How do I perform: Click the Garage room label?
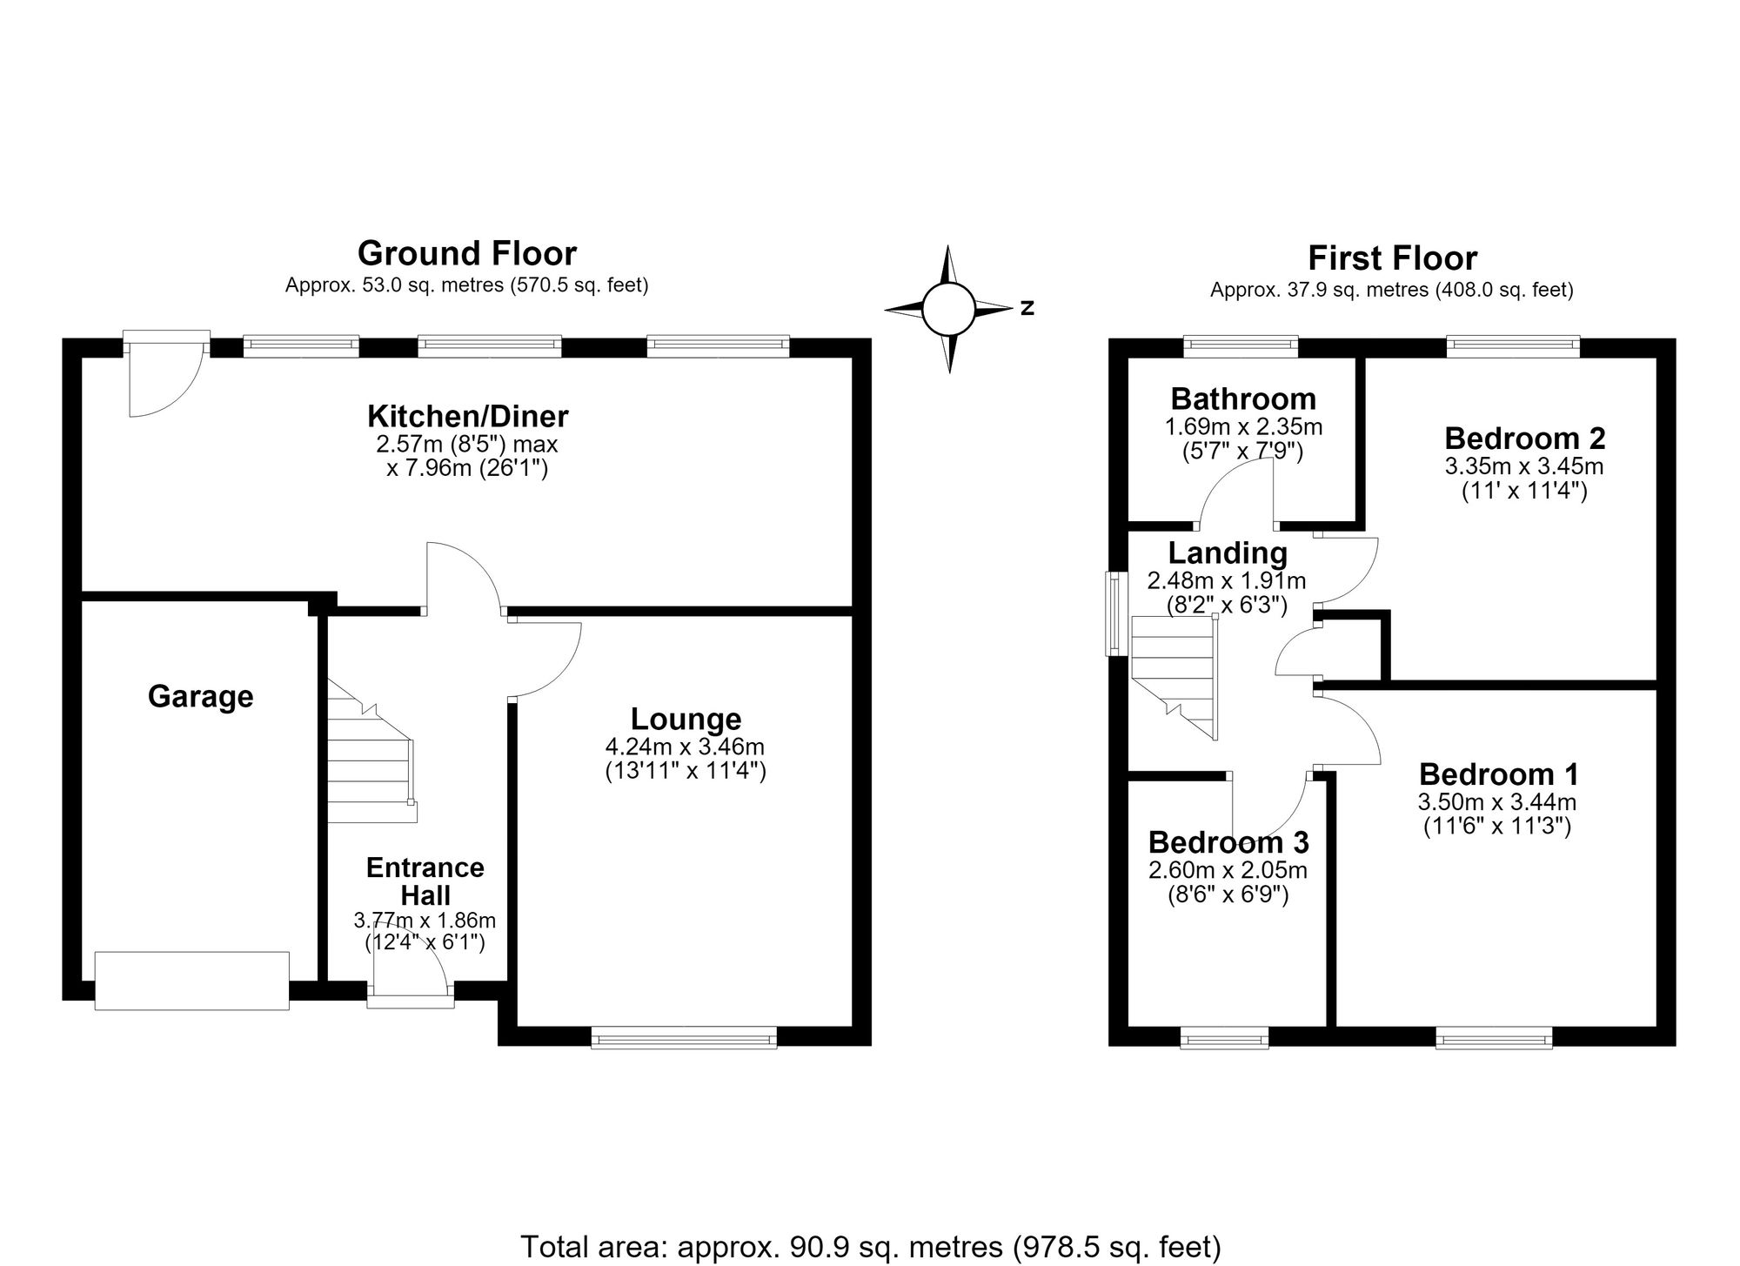click(x=201, y=697)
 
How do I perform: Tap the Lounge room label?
click(x=686, y=719)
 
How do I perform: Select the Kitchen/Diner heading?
click(x=467, y=416)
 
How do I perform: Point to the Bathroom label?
click(x=1243, y=399)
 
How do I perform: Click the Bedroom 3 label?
click(x=1228, y=842)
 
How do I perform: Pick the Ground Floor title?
click(x=467, y=253)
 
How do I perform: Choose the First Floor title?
click(x=1392, y=258)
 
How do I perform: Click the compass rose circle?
click(x=947, y=309)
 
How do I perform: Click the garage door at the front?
click(x=191, y=981)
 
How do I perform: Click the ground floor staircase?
click(x=371, y=752)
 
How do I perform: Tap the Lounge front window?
click(x=684, y=1036)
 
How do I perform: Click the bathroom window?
click(x=1241, y=347)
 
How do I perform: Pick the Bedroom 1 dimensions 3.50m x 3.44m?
click(x=1496, y=801)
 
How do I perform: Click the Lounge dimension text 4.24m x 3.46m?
click(x=685, y=747)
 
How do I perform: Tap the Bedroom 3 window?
click(x=1224, y=1037)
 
